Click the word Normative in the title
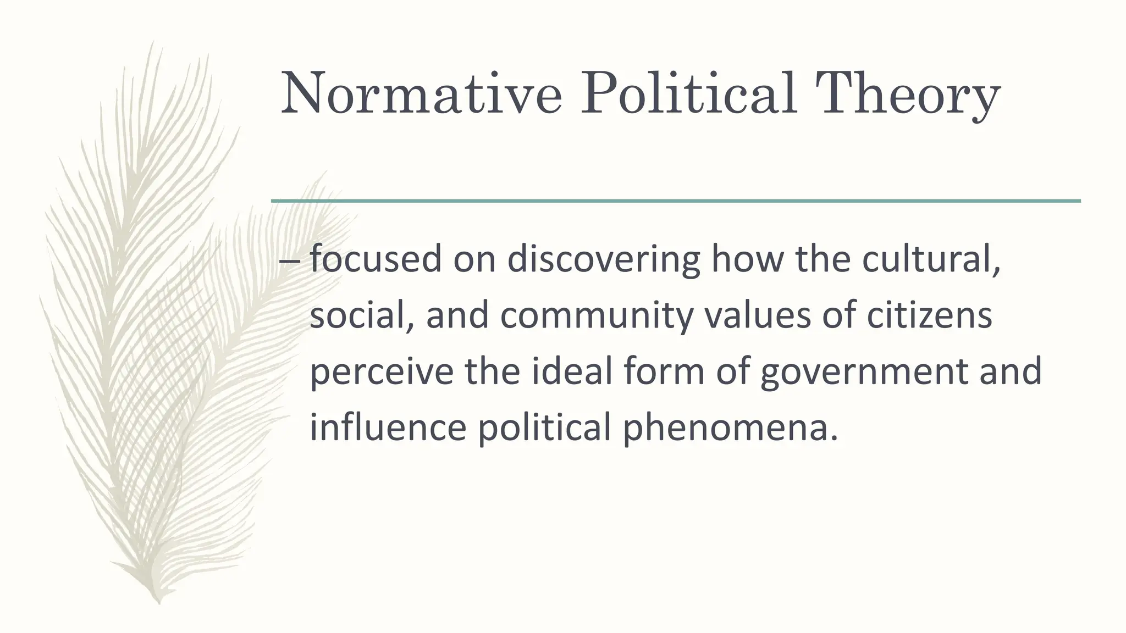[x=421, y=95]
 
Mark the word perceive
[x=382, y=372]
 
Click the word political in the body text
[x=544, y=428]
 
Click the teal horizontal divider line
[x=676, y=201]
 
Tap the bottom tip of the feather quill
[x=159, y=601]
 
